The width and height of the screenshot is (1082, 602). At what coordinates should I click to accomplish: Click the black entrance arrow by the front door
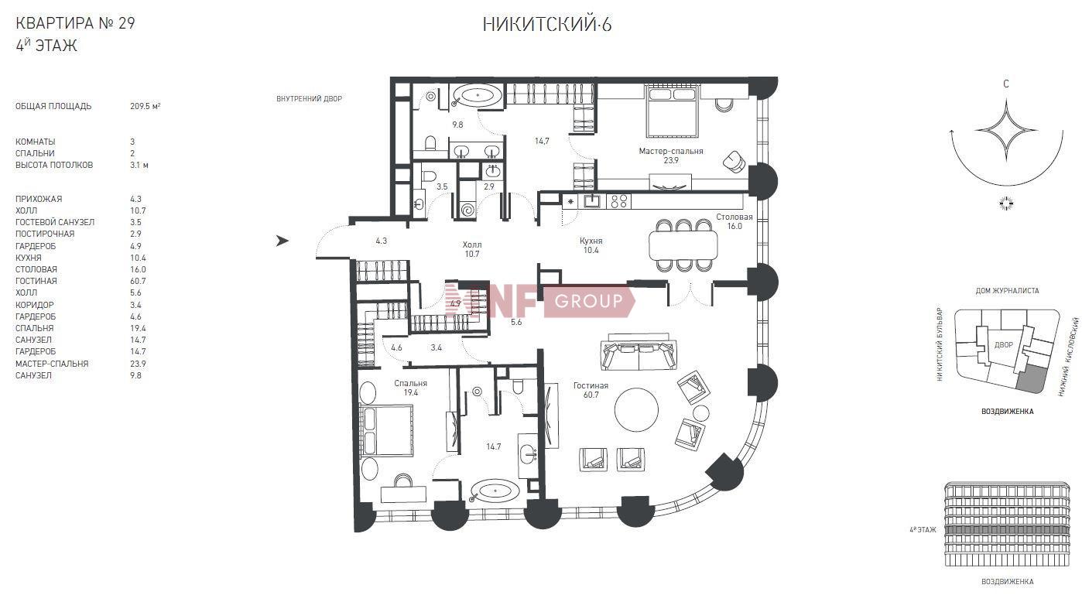pyautogui.click(x=282, y=240)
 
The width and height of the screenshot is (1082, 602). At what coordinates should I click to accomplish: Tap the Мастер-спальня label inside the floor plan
pyautogui.click(x=670, y=151)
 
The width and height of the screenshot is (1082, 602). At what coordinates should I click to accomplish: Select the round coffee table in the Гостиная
pyautogui.click(x=636, y=410)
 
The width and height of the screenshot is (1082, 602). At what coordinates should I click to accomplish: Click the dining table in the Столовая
pyautogui.click(x=683, y=245)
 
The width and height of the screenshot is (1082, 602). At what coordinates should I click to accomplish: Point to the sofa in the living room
pyautogui.click(x=639, y=351)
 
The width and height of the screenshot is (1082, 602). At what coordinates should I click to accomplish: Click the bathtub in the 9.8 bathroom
pyautogui.click(x=477, y=96)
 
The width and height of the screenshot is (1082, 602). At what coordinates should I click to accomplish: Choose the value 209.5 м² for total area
pyautogui.click(x=145, y=106)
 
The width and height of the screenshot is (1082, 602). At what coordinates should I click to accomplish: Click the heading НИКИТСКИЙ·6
pyautogui.click(x=547, y=24)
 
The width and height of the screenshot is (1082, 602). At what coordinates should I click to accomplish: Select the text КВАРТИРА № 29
pyautogui.click(x=75, y=23)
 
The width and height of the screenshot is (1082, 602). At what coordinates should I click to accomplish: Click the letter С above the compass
pyautogui.click(x=1006, y=84)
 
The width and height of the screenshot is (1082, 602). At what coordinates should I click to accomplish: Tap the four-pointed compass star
pyautogui.click(x=1006, y=130)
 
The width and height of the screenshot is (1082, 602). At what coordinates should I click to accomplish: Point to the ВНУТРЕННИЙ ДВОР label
pyautogui.click(x=309, y=99)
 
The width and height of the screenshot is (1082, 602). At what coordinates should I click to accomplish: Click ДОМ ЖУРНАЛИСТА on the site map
pyautogui.click(x=1007, y=291)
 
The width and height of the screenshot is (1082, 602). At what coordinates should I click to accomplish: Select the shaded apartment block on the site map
pyautogui.click(x=1031, y=378)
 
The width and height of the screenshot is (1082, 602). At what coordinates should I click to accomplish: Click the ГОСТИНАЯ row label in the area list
pyautogui.click(x=36, y=281)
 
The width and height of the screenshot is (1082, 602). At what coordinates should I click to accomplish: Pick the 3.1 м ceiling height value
pyautogui.click(x=139, y=165)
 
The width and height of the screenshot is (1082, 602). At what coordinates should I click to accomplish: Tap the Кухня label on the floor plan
pyautogui.click(x=591, y=241)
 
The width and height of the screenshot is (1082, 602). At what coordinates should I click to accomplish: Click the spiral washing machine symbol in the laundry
pyautogui.click(x=467, y=210)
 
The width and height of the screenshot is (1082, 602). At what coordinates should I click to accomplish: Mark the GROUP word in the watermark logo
pyautogui.click(x=588, y=301)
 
